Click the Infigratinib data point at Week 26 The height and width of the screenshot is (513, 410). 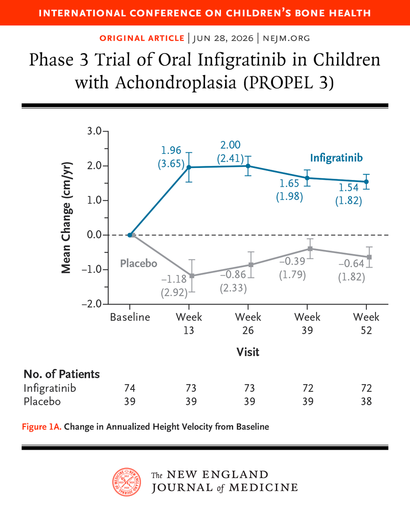248,166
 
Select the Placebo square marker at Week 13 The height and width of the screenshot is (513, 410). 192,276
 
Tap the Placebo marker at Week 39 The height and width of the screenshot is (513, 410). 310,249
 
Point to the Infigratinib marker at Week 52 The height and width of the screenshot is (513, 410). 366,182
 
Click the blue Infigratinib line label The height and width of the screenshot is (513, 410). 336,158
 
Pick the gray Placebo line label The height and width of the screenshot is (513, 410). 139,263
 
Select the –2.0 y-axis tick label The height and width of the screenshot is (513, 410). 92,304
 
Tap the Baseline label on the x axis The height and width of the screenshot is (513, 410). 130,317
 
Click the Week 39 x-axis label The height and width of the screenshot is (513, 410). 307,324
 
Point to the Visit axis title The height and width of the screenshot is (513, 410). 248,352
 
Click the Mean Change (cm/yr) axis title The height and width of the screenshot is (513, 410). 66,218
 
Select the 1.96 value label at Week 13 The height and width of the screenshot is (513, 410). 171,150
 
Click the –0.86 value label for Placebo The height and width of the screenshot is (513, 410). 233,274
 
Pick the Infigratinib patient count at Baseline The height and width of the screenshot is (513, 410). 130,388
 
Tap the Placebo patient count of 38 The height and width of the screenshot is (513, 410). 366,402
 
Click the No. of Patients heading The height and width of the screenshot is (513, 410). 61,374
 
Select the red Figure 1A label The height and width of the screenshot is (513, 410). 42,427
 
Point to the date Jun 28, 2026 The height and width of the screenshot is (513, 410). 223,38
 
